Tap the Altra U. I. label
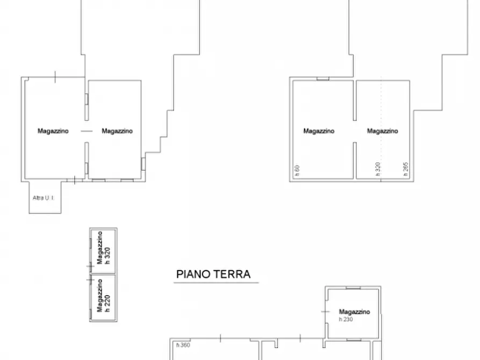[x=44, y=198]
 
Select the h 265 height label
[x=406, y=169]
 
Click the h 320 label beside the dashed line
[x=377, y=169]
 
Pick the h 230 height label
[x=346, y=319]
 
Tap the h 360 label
[x=183, y=345]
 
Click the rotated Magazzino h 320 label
[x=103, y=249]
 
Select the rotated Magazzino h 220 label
[x=103, y=298]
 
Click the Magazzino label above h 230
[x=354, y=312]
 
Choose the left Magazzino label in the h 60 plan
[x=319, y=131]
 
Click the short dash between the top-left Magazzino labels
[x=85, y=131]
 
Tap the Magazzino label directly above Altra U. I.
[x=53, y=131]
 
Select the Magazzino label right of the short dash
[x=117, y=131]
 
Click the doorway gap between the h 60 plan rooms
[x=354, y=132]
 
